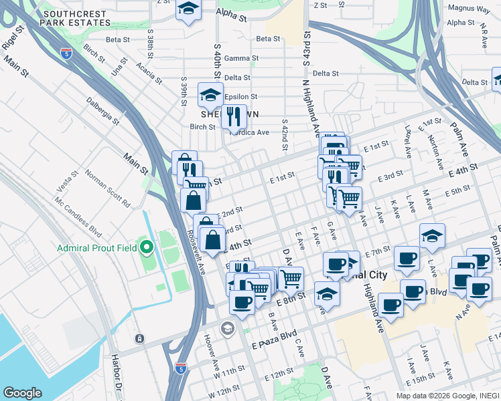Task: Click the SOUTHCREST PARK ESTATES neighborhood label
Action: click(74, 18)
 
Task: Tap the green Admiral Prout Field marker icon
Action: click(147, 248)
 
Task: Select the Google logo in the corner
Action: click(22, 393)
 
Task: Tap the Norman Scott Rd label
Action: click(107, 188)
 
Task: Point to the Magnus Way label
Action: click(468, 9)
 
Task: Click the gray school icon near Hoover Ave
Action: click(227, 327)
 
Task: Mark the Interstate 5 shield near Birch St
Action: click(66, 53)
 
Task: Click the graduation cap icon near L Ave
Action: click(433, 235)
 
